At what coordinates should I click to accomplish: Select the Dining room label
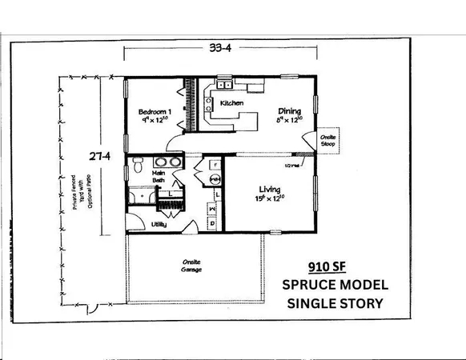pyautogui.click(x=290, y=111)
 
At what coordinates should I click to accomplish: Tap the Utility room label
pyautogui.click(x=159, y=225)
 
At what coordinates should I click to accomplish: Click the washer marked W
pyautogui.click(x=211, y=209)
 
